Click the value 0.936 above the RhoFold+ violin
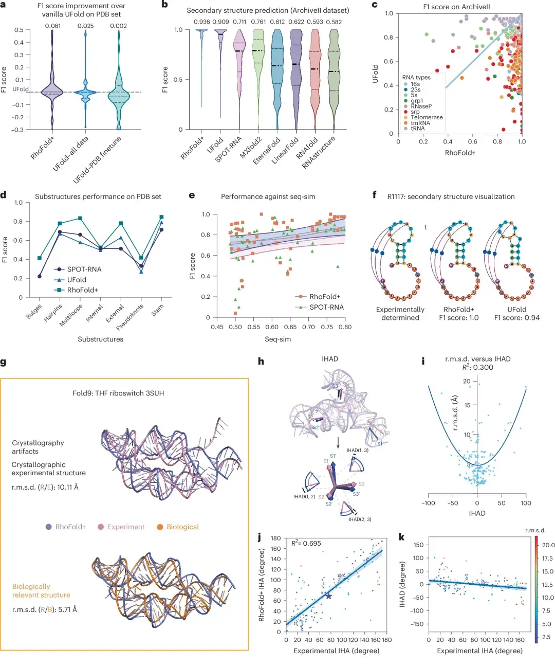(x=201, y=22)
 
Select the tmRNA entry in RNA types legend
(x=420, y=123)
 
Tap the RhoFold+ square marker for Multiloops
(x=80, y=218)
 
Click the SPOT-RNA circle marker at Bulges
(x=40, y=276)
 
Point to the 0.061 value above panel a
(x=52, y=26)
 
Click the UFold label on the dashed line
(x=21, y=89)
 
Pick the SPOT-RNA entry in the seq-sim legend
(x=326, y=307)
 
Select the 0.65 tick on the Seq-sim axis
(x=290, y=327)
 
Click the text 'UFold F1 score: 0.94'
(x=516, y=313)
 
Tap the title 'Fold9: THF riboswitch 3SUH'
(x=118, y=393)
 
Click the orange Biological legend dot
(x=160, y=527)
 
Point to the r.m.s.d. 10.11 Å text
(x=45, y=487)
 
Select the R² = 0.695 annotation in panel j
(x=306, y=543)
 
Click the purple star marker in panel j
(x=329, y=596)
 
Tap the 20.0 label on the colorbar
(x=548, y=545)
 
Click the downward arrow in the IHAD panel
(x=338, y=442)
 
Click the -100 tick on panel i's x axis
(x=428, y=503)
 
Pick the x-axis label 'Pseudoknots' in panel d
(x=129, y=317)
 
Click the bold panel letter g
(x=4, y=362)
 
